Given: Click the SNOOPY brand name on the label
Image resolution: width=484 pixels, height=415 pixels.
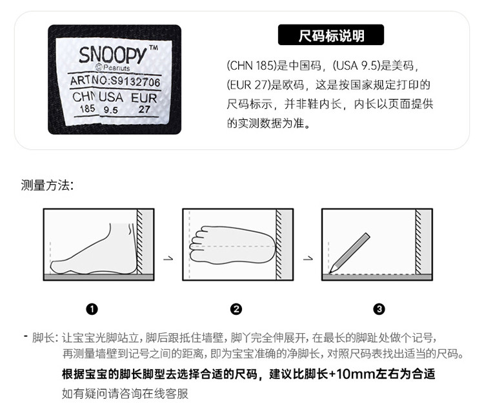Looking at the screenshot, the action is click(112, 55).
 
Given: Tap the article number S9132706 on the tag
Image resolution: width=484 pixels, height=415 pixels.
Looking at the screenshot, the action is click(136, 82).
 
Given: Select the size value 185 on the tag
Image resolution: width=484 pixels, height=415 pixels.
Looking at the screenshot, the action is click(87, 108).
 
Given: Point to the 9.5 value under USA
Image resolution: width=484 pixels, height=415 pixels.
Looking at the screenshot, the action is click(110, 110).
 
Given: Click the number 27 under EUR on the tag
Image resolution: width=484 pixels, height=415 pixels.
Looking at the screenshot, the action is click(144, 109).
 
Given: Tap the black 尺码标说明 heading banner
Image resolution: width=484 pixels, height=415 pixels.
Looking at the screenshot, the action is click(331, 35).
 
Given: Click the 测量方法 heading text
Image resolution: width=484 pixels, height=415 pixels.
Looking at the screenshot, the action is click(47, 185).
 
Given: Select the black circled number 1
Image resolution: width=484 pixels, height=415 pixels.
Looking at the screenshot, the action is click(92, 309).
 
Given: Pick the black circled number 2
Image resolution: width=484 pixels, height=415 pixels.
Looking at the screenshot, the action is click(236, 309).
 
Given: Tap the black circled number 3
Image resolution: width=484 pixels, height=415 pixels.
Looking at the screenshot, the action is click(379, 309).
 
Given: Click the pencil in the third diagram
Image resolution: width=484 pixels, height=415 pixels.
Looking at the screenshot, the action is click(349, 253).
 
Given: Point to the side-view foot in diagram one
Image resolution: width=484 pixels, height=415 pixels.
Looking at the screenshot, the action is click(94, 249).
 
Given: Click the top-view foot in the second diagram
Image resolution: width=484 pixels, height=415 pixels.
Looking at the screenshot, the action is click(232, 245).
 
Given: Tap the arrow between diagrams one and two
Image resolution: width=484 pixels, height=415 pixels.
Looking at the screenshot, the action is click(168, 258).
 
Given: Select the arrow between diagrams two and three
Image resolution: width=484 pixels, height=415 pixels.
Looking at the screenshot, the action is click(308, 258).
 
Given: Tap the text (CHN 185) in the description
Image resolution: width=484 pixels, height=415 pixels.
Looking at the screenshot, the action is click(251, 65).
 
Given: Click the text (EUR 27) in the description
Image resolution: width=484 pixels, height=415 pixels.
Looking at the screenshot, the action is click(249, 85).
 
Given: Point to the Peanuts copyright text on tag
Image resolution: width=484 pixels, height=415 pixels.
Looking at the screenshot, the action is click(113, 68).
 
